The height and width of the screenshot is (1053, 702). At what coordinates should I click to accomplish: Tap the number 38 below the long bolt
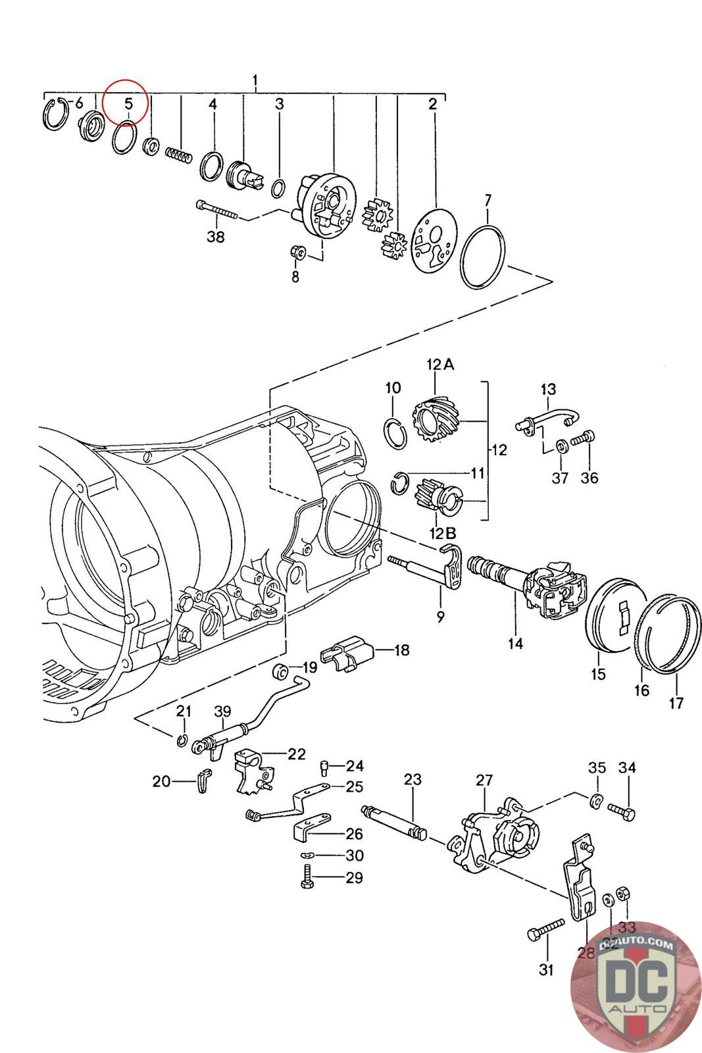216,237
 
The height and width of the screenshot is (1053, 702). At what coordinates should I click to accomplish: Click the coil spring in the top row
178,155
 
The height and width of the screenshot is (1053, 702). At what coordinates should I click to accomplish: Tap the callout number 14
515,643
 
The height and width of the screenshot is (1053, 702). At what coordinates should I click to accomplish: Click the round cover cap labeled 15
612,615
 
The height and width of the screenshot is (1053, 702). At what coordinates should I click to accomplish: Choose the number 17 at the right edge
676,703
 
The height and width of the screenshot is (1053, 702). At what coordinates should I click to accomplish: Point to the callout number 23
413,780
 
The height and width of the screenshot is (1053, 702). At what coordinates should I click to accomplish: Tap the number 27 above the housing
484,781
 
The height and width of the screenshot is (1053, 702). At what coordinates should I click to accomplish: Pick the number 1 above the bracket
255,82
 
